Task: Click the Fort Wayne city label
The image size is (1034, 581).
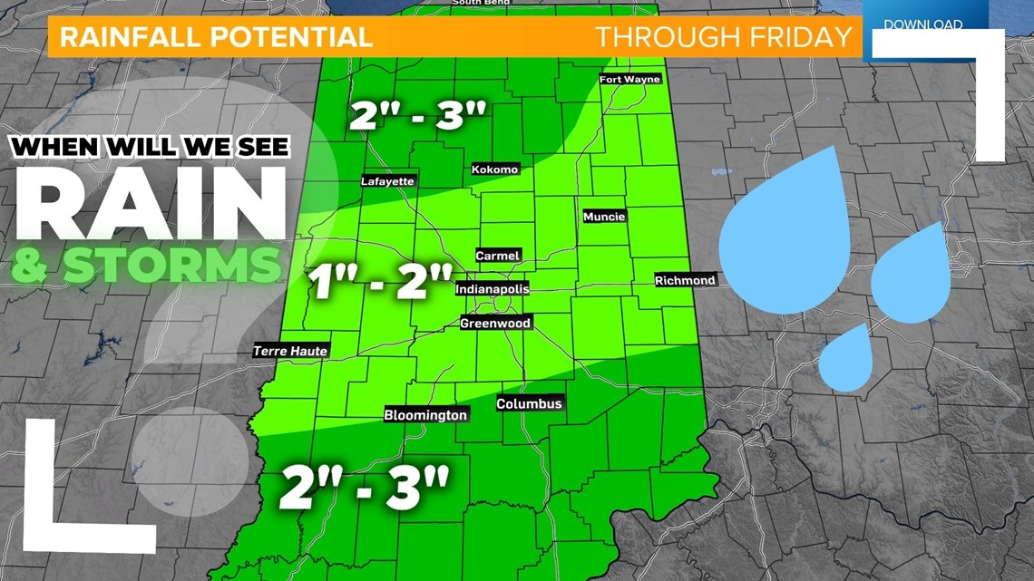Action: coord(629,80)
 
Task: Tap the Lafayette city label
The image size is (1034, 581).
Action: coord(387,181)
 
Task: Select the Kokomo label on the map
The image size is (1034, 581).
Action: coord(495,169)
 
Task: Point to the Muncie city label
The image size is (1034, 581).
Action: coord(604,217)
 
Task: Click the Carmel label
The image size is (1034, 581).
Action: coord(498,256)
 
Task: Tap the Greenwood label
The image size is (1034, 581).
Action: coord(495,324)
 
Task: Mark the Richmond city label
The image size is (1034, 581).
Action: coord(685,281)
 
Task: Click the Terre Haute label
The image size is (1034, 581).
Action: coord(290,352)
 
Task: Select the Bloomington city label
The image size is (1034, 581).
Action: coord(425,415)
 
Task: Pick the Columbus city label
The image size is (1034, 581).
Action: coord(530,404)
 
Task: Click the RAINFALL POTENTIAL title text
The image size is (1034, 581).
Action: coord(216,37)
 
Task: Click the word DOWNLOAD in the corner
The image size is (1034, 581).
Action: coord(923,24)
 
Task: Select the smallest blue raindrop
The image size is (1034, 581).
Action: coord(848,359)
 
